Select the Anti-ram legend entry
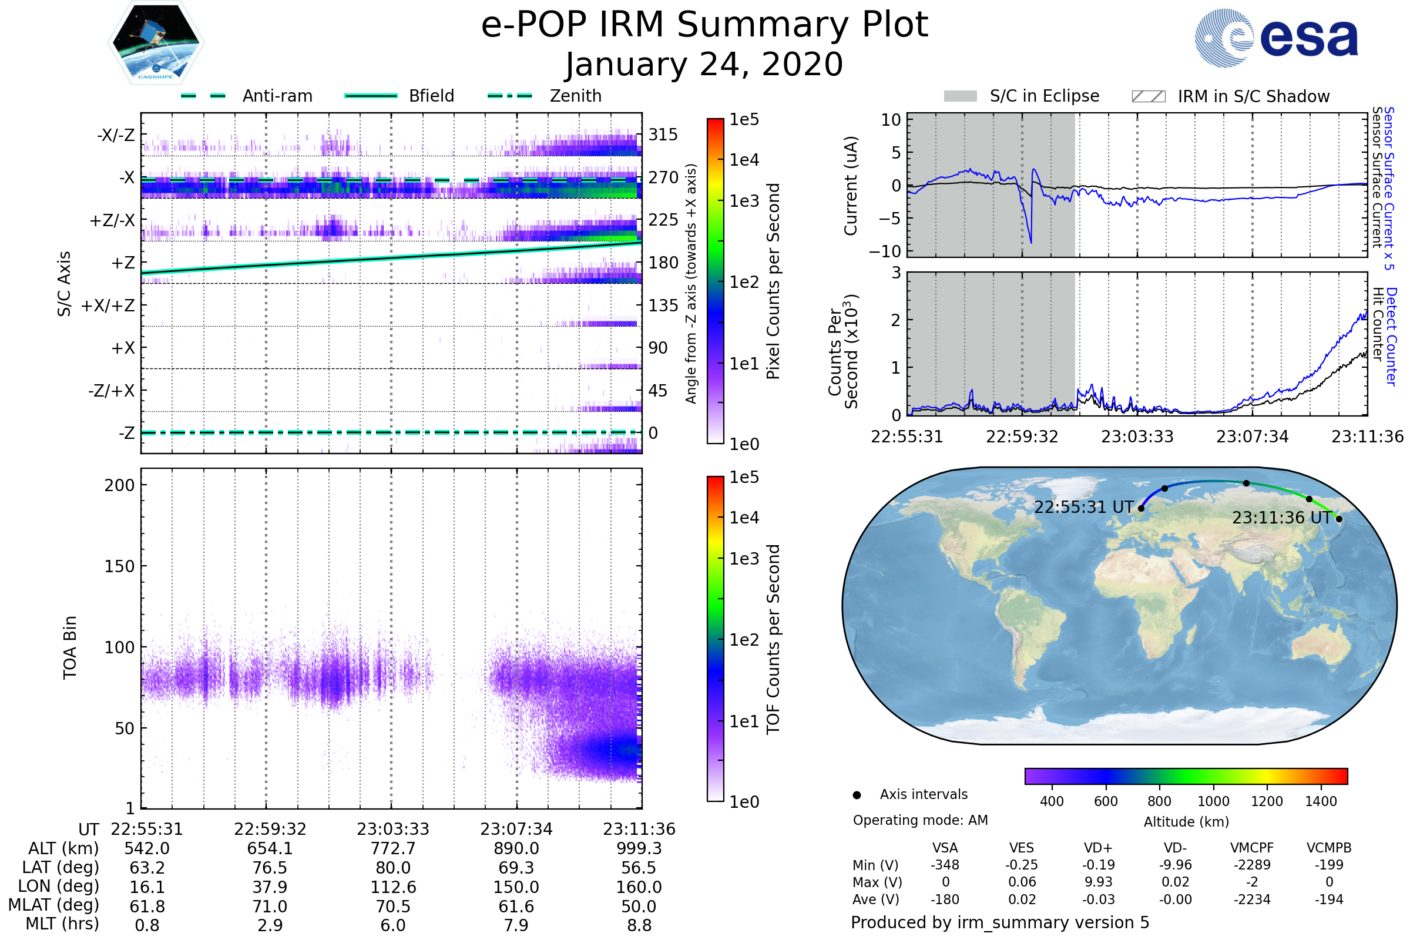coord(247,96)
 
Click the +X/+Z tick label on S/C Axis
coord(108,305)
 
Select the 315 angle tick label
coord(663,135)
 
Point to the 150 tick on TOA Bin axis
coord(119,566)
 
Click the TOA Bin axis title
coord(69,647)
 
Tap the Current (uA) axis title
coord(851,186)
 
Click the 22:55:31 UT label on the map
coord(1084,507)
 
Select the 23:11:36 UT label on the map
coord(1281,518)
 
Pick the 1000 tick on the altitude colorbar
coord(1213,801)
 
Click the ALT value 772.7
coord(393,848)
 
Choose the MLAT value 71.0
coord(270,907)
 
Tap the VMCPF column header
coord(1252,848)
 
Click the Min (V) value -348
coord(945,865)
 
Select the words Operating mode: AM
coord(920,820)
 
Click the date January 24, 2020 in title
coord(704,65)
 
